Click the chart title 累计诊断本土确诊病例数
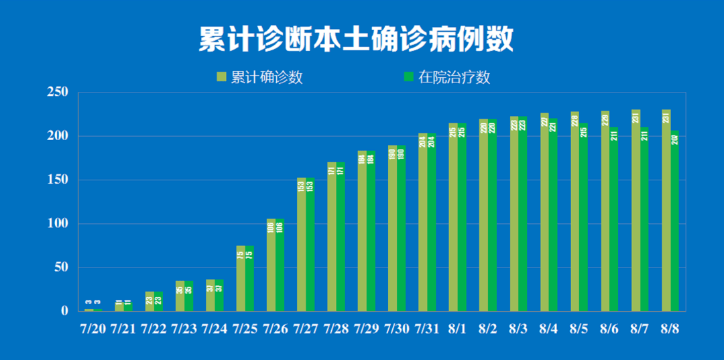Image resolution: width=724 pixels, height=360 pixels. pyautogui.click(x=356, y=40)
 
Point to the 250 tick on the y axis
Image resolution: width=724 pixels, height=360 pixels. pyautogui.click(x=58, y=93)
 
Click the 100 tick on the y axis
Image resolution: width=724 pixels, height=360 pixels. pyautogui.click(x=58, y=223)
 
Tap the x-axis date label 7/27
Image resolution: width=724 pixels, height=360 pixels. pyautogui.click(x=306, y=329)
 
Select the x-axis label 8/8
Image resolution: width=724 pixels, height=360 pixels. pyautogui.click(x=670, y=329)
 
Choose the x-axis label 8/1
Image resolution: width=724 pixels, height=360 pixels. pyautogui.click(x=457, y=329)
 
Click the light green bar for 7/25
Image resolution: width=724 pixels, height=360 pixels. pyautogui.click(x=241, y=278)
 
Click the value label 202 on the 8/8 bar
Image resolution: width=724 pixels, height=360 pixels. pyautogui.click(x=674, y=139)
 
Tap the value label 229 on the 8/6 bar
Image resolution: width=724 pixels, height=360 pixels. pyautogui.click(x=605, y=120)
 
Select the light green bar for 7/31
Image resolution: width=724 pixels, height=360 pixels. pyautogui.click(x=423, y=225)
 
